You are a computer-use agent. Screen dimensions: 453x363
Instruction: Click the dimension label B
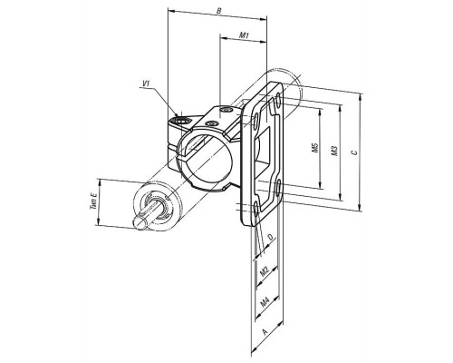click(219, 11)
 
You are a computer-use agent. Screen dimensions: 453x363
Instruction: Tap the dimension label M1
click(244, 35)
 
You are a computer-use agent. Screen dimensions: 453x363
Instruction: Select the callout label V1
click(146, 83)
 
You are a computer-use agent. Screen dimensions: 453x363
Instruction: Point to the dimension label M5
click(315, 148)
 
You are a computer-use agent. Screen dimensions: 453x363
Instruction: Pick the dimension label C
click(355, 152)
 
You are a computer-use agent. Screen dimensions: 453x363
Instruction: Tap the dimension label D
click(271, 237)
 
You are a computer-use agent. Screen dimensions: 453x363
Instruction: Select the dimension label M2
click(265, 271)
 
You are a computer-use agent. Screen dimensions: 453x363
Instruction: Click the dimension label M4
click(265, 301)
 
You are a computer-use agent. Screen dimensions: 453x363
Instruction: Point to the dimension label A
click(265, 332)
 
